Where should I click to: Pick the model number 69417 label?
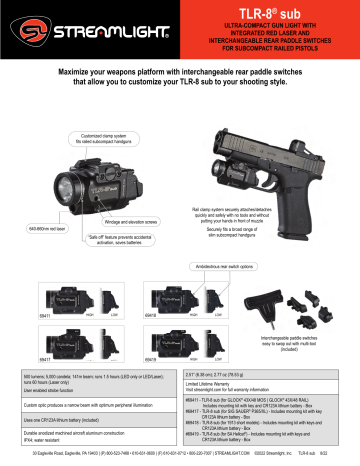(43, 357)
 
